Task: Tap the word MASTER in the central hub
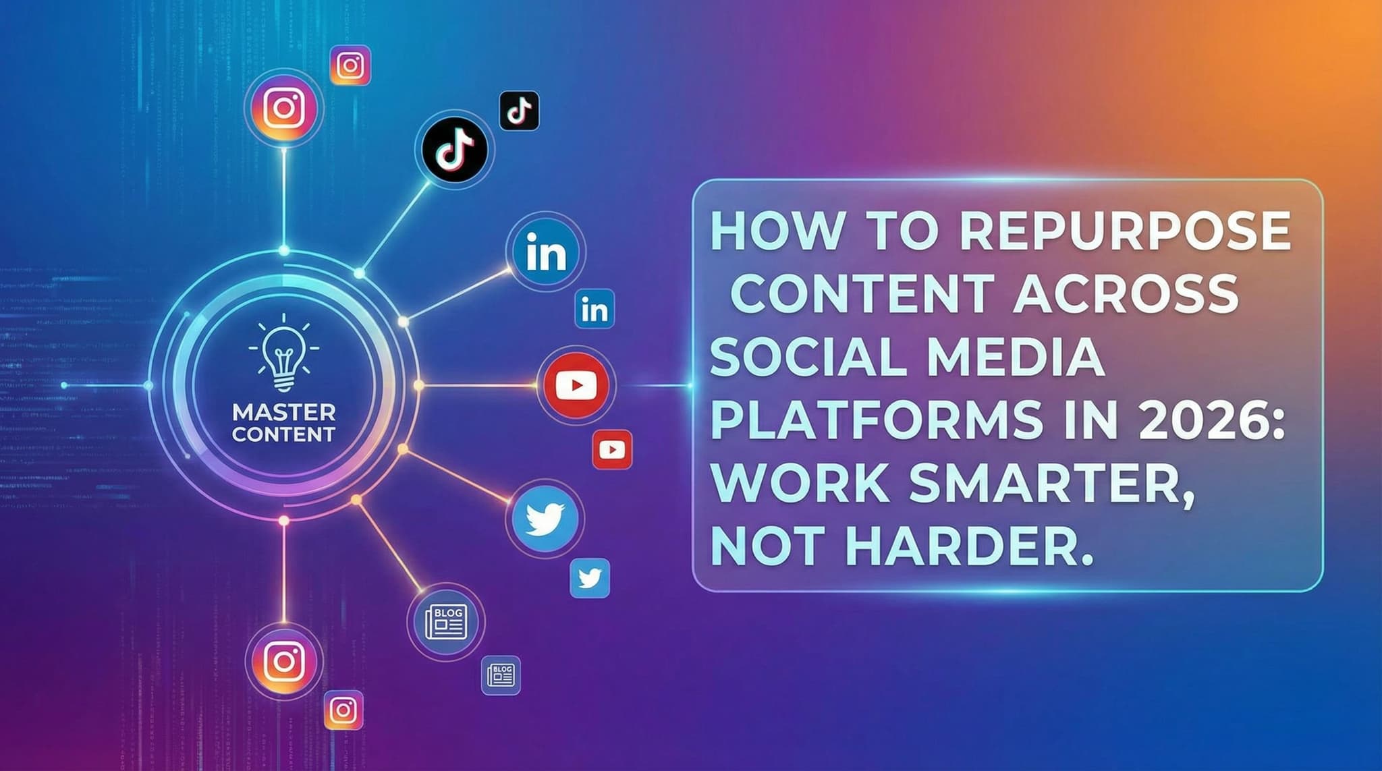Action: [283, 412]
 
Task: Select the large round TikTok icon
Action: [454, 148]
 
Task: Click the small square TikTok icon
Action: [519, 111]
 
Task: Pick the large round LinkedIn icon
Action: [545, 253]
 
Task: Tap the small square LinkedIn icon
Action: [595, 310]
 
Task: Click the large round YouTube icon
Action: [576, 385]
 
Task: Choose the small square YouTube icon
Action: [612, 449]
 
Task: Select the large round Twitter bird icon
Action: [545, 519]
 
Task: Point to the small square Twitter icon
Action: [590, 578]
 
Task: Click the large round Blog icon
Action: [445, 621]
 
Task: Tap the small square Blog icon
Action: [501, 675]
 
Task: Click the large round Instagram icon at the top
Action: [284, 108]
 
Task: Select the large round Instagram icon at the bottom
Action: [284, 661]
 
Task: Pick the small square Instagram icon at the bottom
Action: [343, 710]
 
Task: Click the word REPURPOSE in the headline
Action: [1126, 231]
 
